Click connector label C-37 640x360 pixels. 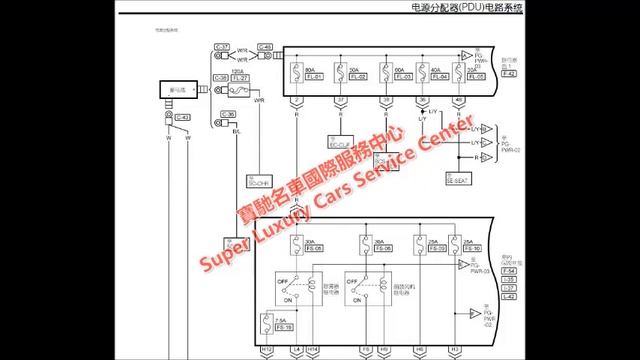tap(222, 47)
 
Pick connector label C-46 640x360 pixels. tap(264, 47)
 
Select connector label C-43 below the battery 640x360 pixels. tap(181, 117)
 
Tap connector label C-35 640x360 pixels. tap(228, 114)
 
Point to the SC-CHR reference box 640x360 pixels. tap(258, 183)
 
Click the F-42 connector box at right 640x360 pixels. tap(510, 75)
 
